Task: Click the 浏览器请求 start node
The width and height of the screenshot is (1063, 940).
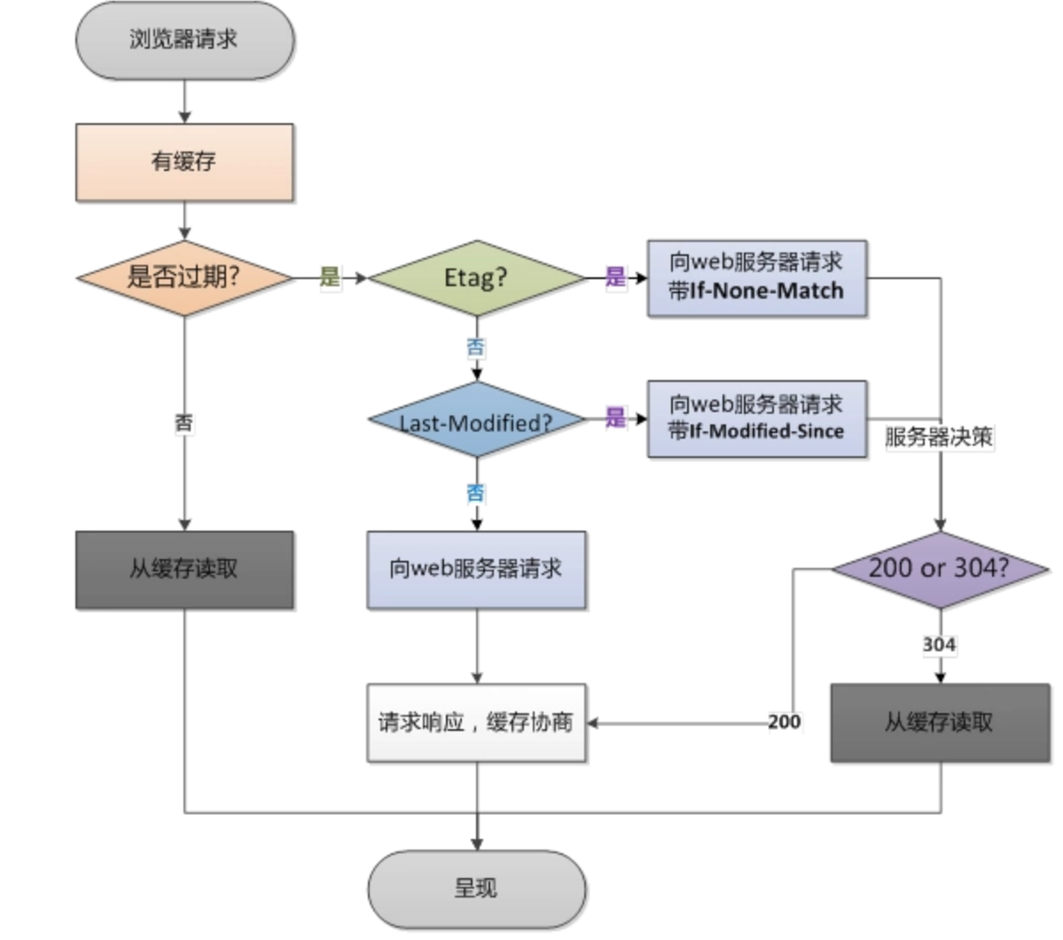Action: click(x=184, y=40)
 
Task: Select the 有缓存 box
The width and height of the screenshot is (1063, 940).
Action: click(x=184, y=162)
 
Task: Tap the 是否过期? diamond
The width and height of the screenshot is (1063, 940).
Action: click(x=184, y=277)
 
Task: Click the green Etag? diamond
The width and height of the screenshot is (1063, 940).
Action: click(x=477, y=277)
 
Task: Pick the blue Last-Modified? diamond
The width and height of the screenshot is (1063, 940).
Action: click(x=477, y=421)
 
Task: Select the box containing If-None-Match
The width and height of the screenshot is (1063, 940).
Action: click(x=756, y=277)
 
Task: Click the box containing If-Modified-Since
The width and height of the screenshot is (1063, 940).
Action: click(x=756, y=418)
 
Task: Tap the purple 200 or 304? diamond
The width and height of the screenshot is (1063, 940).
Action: click(x=940, y=569)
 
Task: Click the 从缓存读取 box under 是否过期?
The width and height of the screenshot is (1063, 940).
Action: click(x=184, y=569)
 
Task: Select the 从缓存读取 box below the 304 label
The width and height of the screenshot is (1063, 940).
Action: click(x=940, y=722)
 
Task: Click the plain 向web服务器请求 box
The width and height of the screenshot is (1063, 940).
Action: click(x=477, y=569)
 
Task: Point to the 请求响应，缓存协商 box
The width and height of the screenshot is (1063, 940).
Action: click(x=477, y=722)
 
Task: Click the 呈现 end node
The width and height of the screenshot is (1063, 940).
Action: click(x=477, y=889)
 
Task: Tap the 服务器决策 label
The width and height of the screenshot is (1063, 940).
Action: click(x=940, y=437)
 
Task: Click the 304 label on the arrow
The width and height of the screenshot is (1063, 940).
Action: click(x=939, y=644)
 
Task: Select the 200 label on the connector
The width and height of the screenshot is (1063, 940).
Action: click(x=784, y=721)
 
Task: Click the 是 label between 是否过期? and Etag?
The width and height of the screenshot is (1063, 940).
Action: click(x=330, y=276)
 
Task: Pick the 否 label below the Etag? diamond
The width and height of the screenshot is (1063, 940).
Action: click(x=476, y=346)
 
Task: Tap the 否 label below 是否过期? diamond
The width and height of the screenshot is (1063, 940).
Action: click(x=184, y=423)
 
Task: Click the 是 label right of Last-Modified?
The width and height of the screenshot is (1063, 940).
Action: click(x=615, y=417)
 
